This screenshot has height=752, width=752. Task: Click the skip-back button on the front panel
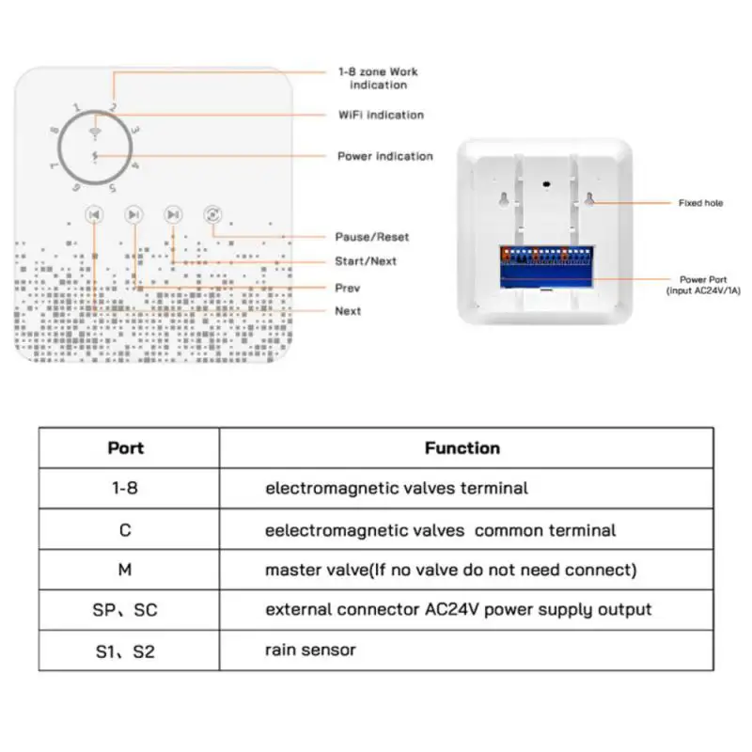click(x=94, y=215)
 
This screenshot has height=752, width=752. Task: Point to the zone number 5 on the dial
click(x=113, y=188)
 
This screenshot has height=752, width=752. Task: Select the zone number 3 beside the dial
click(x=135, y=130)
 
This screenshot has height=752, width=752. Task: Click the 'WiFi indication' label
click(x=381, y=115)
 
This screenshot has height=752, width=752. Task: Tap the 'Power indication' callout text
click(x=384, y=156)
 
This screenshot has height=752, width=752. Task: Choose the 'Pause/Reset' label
click(x=372, y=237)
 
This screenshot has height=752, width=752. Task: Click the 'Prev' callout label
click(x=347, y=288)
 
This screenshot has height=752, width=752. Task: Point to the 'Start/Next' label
click(x=366, y=261)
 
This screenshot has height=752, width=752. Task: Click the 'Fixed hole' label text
click(x=700, y=203)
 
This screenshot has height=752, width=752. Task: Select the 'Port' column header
click(x=126, y=448)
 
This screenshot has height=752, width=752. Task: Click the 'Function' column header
click(x=462, y=448)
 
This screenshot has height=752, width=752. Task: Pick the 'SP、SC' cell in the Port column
click(x=126, y=610)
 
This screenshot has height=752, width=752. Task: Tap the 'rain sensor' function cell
click(x=310, y=650)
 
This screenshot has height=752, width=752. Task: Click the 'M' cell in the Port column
click(x=125, y=570)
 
